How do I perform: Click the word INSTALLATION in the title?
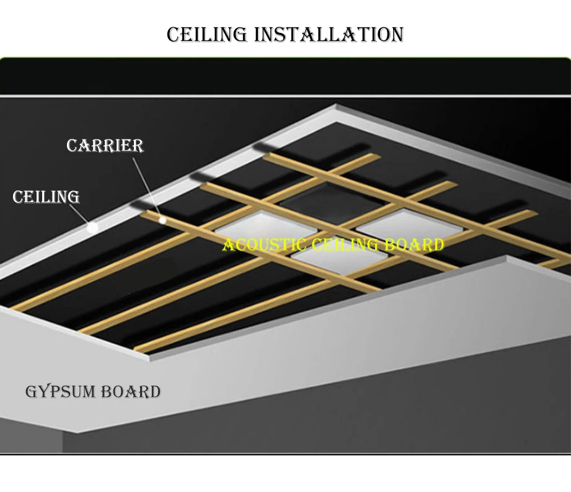(x=329, y=35)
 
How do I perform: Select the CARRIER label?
(x=105, y=146)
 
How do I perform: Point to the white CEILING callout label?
(x=46, y=197)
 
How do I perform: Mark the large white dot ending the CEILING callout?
(x=93, y=227)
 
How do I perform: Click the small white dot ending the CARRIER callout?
(x=162, y=219)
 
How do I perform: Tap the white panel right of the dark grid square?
(x=397, y=225)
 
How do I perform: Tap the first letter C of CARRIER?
(x=71, y=146)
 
